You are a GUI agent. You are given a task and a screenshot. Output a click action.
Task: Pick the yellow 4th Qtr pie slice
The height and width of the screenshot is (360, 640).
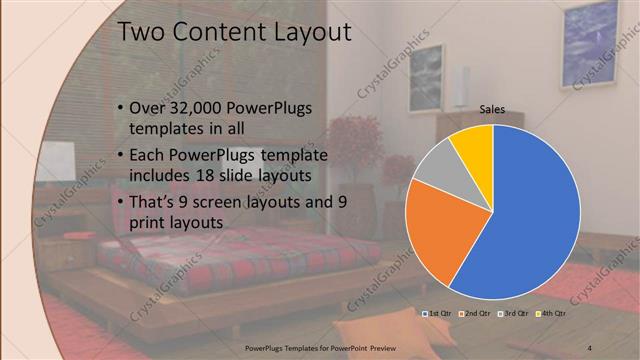(x=471, y=144)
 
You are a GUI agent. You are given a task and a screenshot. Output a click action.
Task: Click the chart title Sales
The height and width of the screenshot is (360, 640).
(x=492, y=110)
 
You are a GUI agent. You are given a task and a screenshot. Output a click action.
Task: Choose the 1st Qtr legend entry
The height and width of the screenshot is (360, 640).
(x=439, y=314)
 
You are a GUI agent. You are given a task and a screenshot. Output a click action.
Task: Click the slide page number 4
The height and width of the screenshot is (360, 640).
(x=591, y=347)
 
